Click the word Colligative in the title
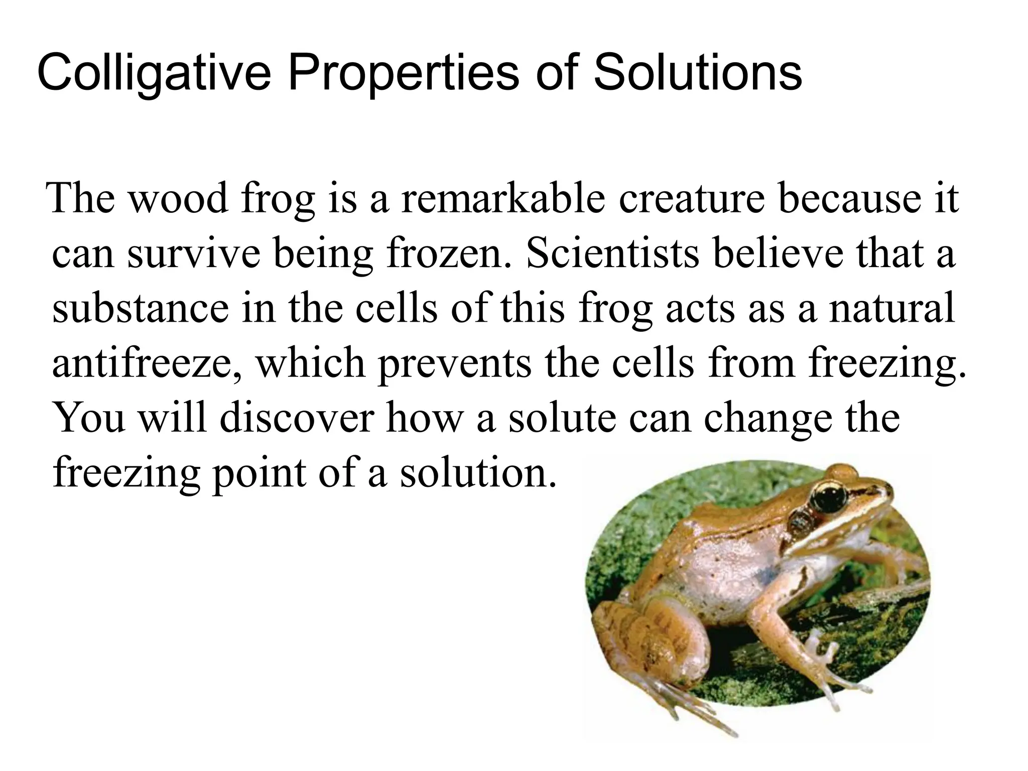pyautogui.click(x=154, y=74)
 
